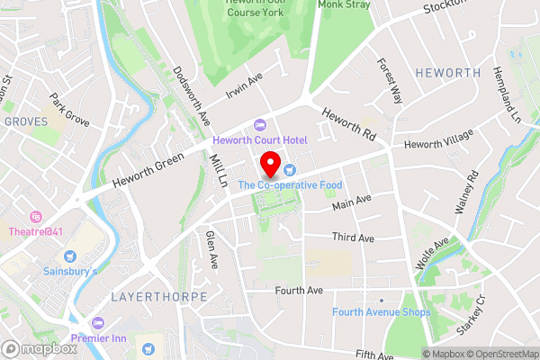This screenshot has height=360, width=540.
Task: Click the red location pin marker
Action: click(x=269, y=165)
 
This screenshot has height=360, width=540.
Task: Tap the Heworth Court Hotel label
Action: click(x=260, y=139)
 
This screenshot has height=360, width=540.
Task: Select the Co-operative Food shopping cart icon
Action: click(x=289, y=169)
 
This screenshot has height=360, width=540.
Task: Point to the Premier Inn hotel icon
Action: click(x=97, y=322)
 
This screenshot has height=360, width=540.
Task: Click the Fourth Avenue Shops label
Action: click(x=381, y=312)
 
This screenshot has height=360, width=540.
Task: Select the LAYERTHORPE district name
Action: click(x=159, y=296)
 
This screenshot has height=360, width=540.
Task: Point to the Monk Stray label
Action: click(x=345, y=4)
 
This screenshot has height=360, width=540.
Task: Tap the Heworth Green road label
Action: click(x=148, y=169)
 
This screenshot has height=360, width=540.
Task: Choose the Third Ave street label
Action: click(x=352, y=237)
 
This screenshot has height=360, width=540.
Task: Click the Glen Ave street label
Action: click(x=211, y=250)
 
